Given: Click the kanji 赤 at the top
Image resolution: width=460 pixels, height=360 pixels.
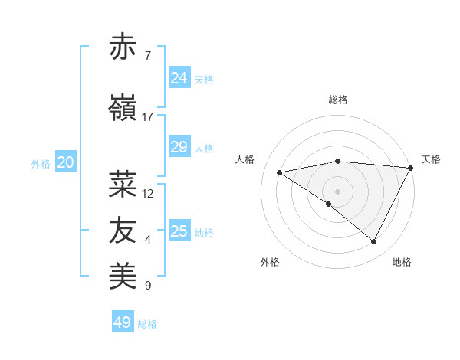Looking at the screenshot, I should click(x=123, y=47).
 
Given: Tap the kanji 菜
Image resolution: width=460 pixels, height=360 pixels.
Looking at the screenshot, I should click(x=123, y=184).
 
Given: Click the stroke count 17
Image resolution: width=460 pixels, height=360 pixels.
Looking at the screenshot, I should click(x=148, y=117).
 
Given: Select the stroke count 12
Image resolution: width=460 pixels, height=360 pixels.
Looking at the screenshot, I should click(x=148, y=194).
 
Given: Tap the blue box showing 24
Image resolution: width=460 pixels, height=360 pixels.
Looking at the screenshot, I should click(x=179, y=77).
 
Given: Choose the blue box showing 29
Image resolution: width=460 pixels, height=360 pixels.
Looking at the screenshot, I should click(x=179, y=147).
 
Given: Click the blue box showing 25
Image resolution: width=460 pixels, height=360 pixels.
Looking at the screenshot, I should click(x=179, y=231).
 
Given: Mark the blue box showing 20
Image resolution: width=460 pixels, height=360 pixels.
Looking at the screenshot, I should click(x=66, y=162).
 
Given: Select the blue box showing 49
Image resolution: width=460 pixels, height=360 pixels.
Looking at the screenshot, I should click(x=123, y=322).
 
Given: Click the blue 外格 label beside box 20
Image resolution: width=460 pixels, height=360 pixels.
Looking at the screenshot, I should click(x=41, y=164).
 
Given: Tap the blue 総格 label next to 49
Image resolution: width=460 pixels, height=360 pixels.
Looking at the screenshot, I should click(x=148, y=324).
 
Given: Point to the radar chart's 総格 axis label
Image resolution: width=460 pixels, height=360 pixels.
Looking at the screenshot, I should click(x=337, y=100).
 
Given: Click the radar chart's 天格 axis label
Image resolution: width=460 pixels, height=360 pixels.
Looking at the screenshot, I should click(x=431, y=159).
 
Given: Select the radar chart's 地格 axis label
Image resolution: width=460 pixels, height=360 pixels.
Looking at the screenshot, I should click(x=402, y=262).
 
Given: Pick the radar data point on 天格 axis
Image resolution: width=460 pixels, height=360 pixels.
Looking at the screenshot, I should click(x=411, y=168).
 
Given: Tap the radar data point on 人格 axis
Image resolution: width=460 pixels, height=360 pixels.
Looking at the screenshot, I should click(x=280, y=172).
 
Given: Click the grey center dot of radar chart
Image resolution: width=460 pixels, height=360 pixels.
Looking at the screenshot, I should click(x=337, y=191).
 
